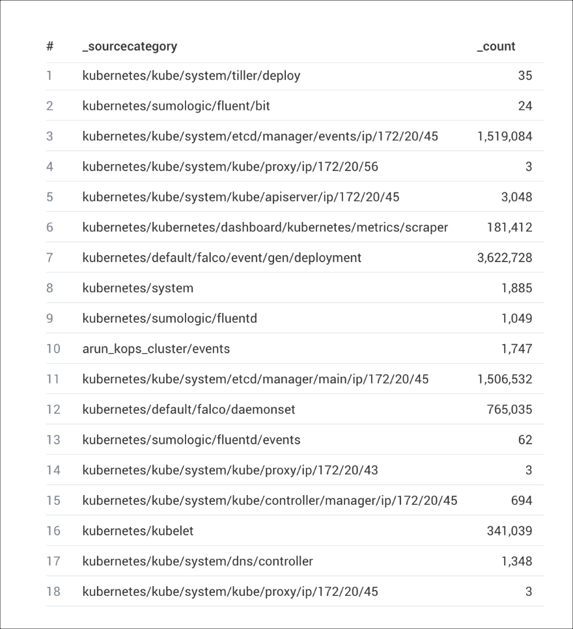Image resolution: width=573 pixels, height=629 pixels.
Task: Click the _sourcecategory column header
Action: tap(130, 47)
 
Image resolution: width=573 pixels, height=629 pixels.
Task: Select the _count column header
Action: tap(496, 47)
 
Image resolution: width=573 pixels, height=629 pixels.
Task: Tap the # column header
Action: tap(49, 47)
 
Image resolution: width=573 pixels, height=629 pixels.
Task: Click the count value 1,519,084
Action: tap(505, 137)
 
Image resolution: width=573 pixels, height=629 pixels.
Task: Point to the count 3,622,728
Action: tap(505, 258)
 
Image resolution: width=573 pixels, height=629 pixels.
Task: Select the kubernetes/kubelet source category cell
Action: tap(138, 531)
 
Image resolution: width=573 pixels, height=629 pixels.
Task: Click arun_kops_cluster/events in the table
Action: tap(156, 349)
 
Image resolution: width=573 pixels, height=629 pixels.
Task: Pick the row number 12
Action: tap(53, 410)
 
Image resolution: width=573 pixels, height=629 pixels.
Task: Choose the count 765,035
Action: tap(509, 410)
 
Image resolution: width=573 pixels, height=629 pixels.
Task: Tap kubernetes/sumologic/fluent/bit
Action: tap(176, 106)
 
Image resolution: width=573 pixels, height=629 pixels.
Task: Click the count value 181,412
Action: tap(509, 228)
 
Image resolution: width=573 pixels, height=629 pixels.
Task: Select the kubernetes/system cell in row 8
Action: tap(138, 288)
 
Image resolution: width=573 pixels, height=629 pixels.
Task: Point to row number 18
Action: tap(53, 592)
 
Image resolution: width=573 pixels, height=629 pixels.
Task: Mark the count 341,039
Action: tap(509, 531)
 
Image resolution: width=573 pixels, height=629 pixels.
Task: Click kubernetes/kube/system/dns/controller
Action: tap(197, 561)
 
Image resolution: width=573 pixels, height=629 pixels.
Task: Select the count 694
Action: tap(522, 501)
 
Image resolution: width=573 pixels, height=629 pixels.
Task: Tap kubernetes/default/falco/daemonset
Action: tap(189, 410)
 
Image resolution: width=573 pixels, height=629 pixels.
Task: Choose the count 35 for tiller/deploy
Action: tap(525, 76)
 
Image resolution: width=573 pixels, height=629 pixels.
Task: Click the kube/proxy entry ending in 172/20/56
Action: tap(230, 167)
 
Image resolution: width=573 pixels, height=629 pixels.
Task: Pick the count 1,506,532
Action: tap(505, 379)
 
